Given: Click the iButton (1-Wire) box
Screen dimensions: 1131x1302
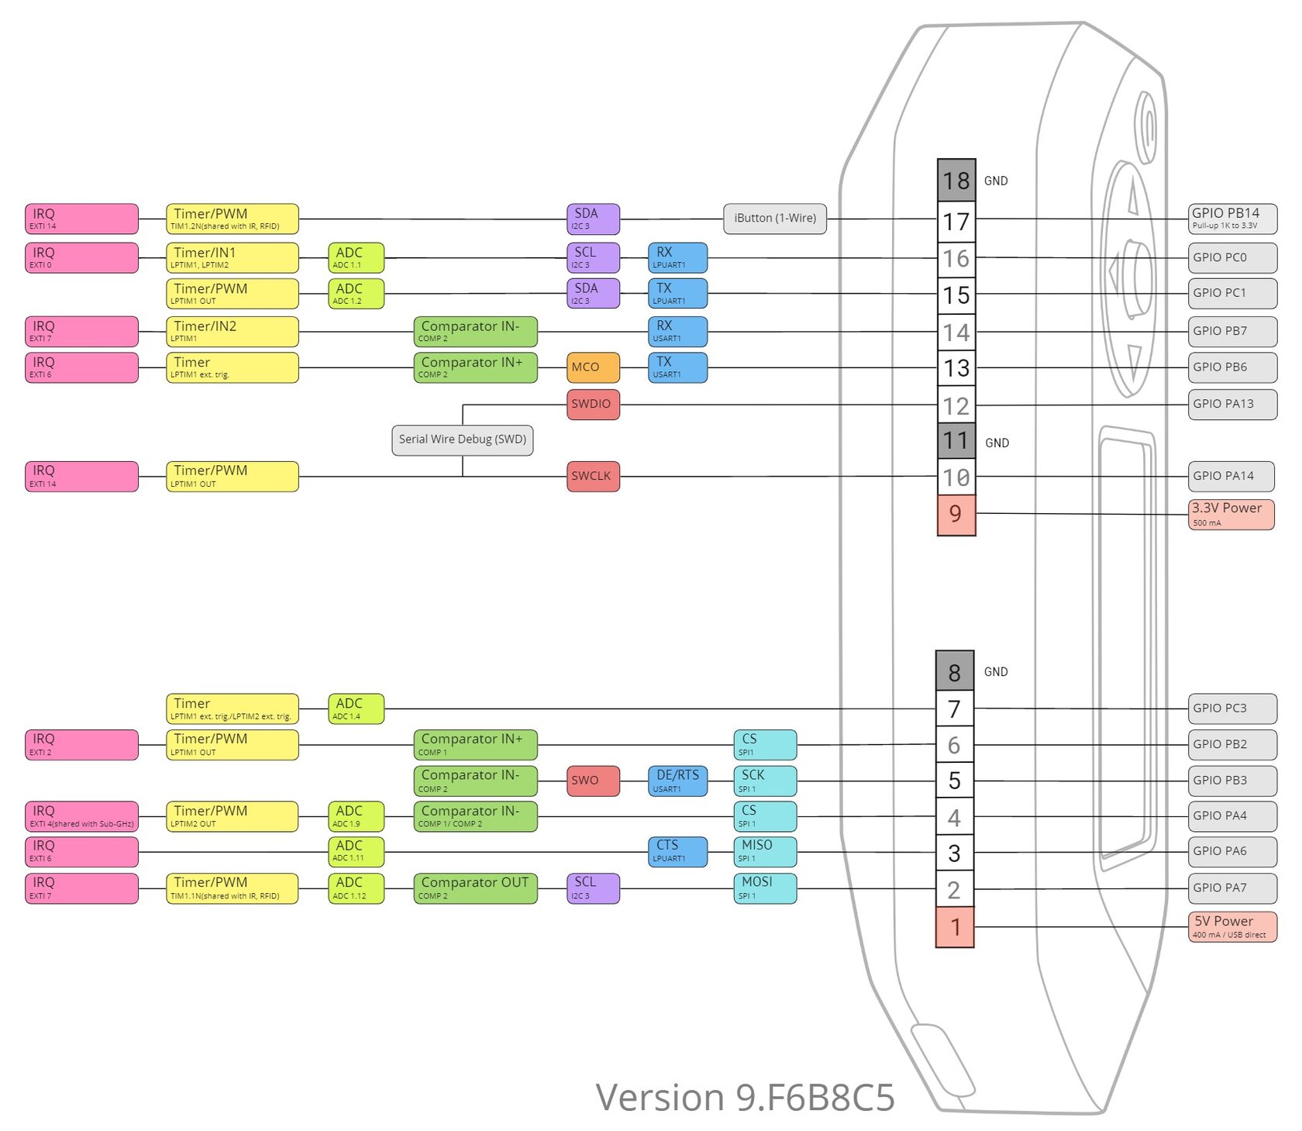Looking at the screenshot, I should coord(774,219).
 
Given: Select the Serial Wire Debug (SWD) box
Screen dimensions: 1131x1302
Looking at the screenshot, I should coord(462,440).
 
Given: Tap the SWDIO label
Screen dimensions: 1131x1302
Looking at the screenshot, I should coord(593,404).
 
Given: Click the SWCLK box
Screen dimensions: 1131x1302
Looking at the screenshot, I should coord(593,476).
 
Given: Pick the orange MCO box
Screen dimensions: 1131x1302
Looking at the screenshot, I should coord(593,367).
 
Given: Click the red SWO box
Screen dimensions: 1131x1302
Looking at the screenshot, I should coord(593,781).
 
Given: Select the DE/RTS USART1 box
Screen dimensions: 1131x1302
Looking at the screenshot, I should coord(677,781).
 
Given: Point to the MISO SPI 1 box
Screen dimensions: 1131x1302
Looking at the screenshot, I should coord(765,851).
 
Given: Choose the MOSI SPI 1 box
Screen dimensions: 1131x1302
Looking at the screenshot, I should coord(765,888).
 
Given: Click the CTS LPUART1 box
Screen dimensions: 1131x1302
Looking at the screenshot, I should coord(677,851).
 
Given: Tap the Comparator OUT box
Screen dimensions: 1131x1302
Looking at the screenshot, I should coord(475,888).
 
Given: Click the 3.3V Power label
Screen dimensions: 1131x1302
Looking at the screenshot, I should coord(1231,515).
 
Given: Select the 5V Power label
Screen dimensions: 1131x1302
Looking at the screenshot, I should coord(1231,926).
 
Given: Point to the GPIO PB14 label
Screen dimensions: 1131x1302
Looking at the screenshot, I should coord(1232,219).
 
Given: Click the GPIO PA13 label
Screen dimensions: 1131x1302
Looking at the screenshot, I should coord(1232,404).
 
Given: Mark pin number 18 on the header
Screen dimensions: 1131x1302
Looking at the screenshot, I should coord(956,181).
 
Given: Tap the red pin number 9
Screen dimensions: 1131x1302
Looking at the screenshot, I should coord(956,514).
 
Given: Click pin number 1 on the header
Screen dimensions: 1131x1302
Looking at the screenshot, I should coord(955,927).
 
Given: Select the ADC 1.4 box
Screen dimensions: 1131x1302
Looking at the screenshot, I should coord(356,709).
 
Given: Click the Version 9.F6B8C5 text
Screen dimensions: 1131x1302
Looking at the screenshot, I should coord(745,1098).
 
